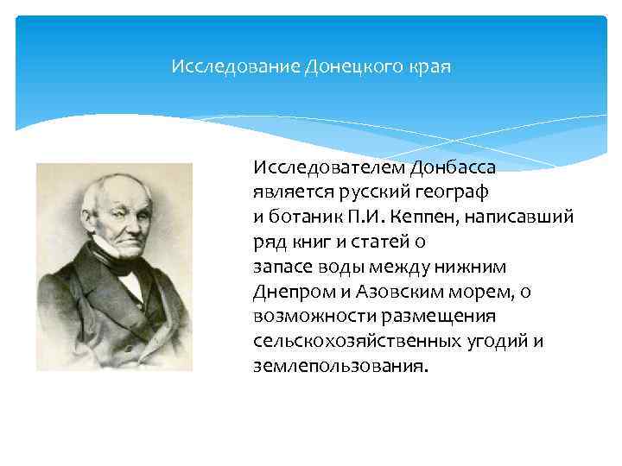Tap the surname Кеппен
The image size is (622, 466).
(428, 215)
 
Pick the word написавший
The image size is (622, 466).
(527, 215)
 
